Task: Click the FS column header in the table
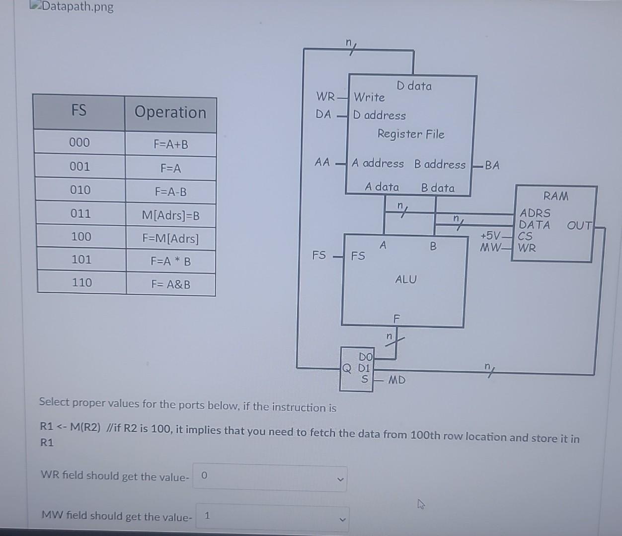pos(79,110)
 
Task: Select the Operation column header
pos(170,112)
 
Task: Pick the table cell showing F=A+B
pos(170,144)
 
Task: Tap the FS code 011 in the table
pos(80,214)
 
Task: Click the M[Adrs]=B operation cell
pos(170,215)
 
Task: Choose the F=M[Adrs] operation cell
pos(170,239)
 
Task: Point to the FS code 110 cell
pos(81,282)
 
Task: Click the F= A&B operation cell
pos(170,284)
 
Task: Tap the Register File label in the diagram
pos(410,134)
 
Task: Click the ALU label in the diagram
pos(405,279)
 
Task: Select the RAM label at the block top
pos(555,196)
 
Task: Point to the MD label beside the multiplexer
pos(396,380)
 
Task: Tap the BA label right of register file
pos(491,165)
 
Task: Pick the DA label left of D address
pos(323,115)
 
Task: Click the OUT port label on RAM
pos(579,225)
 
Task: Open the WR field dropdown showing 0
pos(270,477)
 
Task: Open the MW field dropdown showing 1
pos(272,517)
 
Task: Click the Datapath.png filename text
pos(78,7)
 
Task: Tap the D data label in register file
pos(414,86)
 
